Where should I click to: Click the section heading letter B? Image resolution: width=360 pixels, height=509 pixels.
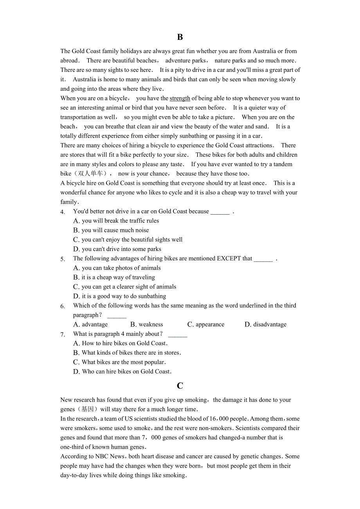[180, 37]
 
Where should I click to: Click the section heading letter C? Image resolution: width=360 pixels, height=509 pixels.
[180, 386]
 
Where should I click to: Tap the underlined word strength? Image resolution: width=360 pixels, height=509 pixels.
[180, 99]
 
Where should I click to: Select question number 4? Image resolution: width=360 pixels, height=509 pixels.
[63, 212]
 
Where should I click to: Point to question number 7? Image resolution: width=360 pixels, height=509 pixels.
[63, 335]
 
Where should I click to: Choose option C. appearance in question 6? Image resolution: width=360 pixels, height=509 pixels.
[206, 324]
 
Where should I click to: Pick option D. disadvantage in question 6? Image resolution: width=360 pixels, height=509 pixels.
[265, 324]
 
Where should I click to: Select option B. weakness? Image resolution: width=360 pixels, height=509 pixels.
[146, 324]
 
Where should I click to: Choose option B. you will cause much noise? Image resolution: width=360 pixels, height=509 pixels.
[111, 230]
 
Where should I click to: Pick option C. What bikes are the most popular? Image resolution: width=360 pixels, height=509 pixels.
[120, 362]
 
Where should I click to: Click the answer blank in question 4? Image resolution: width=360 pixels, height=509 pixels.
[220, 212]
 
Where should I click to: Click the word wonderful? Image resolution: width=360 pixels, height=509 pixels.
[74, 192]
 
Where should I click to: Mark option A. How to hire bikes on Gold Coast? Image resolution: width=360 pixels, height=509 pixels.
[121, 343]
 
